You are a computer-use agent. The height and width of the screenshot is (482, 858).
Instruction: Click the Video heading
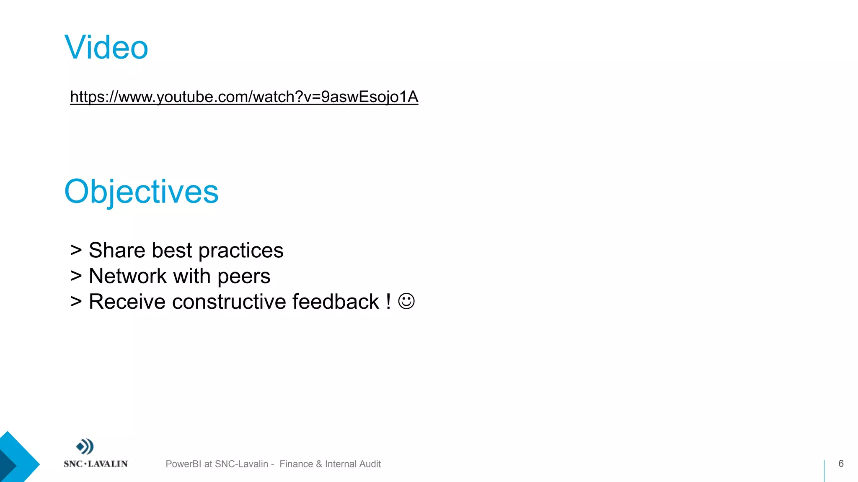click(x=106, y=47)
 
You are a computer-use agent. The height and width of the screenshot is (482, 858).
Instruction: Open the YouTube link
click(x=244, y=97)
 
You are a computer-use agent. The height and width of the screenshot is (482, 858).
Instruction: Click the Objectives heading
click(x=141, y=192)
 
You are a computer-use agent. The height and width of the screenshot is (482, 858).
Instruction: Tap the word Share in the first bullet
click(x=117, y=250)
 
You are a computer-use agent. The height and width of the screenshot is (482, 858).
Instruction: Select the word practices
click(x=241, y=251)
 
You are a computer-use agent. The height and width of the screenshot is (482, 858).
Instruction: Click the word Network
click(x=128, y=276)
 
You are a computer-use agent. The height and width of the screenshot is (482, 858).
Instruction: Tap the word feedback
click(x=335, y=302)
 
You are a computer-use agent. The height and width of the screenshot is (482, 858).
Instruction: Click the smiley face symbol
click(x=406, y=301)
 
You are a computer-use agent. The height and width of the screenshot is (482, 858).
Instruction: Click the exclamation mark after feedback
click(x=388, y=302)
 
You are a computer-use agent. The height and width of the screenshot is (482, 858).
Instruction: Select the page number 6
click(x=840, y=463)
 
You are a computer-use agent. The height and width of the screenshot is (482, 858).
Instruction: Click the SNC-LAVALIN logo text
click(x=96, y=464)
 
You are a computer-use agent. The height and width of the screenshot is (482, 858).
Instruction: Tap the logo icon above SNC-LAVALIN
click(x=85, y=446)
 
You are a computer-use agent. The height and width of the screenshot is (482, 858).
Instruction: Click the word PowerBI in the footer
click(x=183, y=464)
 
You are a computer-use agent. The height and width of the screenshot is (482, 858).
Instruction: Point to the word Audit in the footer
click(x=370, y=464)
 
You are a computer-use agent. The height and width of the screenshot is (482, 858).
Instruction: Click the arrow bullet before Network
click(x=76, y=276)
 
